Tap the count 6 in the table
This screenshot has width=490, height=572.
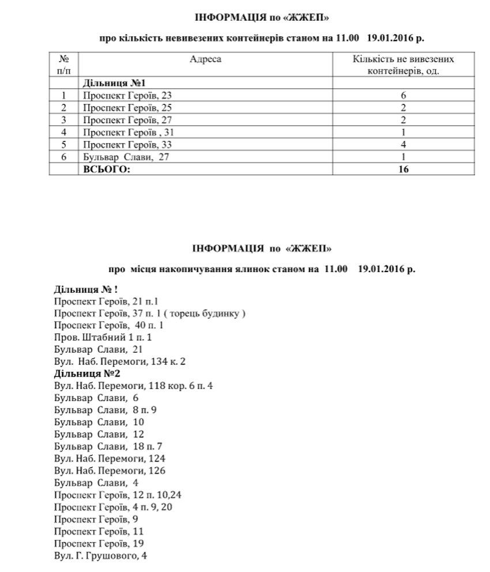pyautogui.click(x=403, y=96)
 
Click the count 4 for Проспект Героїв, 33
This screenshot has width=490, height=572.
pyautogui.click(x=403, y=144)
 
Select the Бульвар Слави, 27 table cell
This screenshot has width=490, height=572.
pyautogui.click(x=127, y=157)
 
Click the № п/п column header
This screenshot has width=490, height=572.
pyautogui.click(x=64, y=65)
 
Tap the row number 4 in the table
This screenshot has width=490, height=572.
pyautogui.click(x=64, y=132)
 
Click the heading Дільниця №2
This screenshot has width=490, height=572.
pyautogui.click(x=82, y=373)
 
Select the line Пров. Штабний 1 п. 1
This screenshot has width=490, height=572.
pyautogui.click(x=102, y=337)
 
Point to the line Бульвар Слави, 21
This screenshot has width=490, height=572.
pyautogui.click(x=98, y=349)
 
